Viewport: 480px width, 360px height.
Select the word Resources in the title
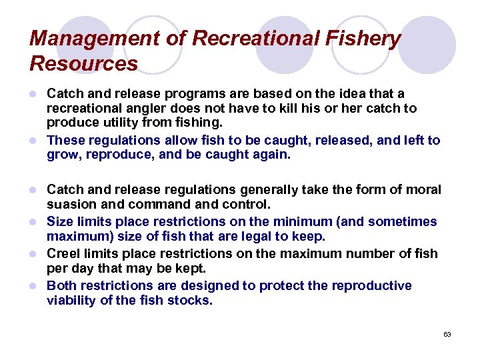pos(83,63)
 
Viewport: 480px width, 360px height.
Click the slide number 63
pos(447,334)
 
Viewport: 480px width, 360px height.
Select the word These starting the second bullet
pos(66,140)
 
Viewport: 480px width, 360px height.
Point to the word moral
pos(424,189)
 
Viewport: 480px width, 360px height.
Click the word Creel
pos(65,253)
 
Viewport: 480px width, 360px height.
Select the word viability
pos(71,300)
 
